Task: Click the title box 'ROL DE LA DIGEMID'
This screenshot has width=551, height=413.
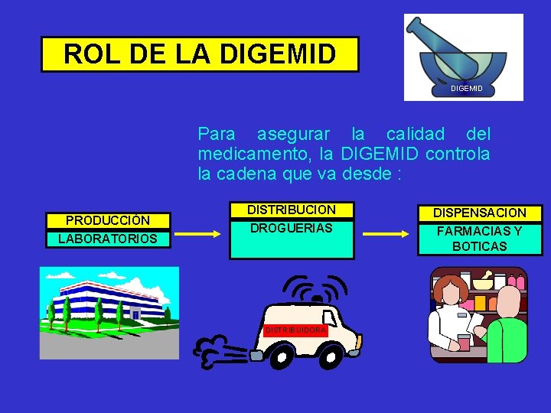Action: [199, 54]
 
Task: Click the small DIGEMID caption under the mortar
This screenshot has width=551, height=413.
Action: [466, 90]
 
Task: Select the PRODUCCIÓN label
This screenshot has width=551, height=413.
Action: [107, 220]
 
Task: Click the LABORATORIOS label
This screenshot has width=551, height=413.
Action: [107, 239]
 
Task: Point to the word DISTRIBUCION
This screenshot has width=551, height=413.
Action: [291, 210]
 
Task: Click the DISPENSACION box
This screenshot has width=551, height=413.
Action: [479, 213]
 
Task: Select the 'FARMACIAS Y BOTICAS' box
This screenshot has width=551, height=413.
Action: [479, 239]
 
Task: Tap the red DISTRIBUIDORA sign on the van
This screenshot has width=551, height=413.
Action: [295, 330]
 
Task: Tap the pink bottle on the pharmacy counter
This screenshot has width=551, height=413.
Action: [464, 342]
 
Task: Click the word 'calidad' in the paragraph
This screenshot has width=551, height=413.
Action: [416, 135]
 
